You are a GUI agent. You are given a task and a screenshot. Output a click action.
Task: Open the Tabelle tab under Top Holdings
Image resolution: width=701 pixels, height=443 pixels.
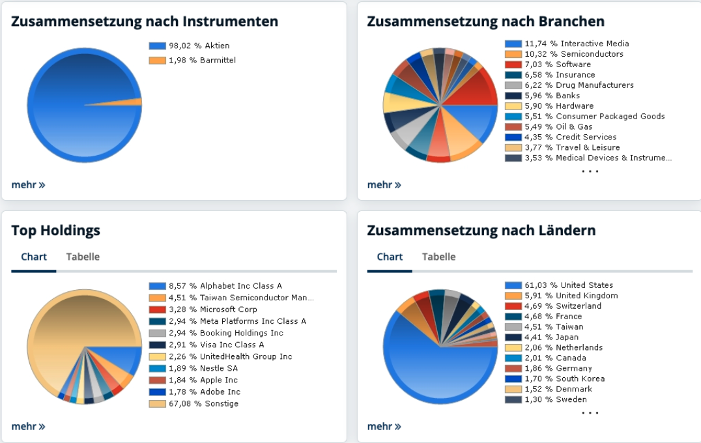tap(83, 257)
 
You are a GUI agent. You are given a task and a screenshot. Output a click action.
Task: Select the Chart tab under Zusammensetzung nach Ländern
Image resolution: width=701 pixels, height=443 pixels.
tap(390, 257)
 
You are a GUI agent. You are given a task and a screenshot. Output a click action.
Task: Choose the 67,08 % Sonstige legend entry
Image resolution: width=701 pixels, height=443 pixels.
tap(203, 403)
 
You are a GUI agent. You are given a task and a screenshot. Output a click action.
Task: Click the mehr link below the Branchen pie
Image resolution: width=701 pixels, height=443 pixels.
tap(384, 185)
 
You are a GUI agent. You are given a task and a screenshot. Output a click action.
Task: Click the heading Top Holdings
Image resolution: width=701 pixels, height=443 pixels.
tap(56, 230)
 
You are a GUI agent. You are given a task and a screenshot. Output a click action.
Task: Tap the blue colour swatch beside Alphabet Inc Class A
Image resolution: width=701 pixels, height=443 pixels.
tap(157, 286)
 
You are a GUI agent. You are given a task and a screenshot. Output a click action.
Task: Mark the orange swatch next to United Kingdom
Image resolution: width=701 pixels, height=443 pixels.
tap(513, 296)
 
